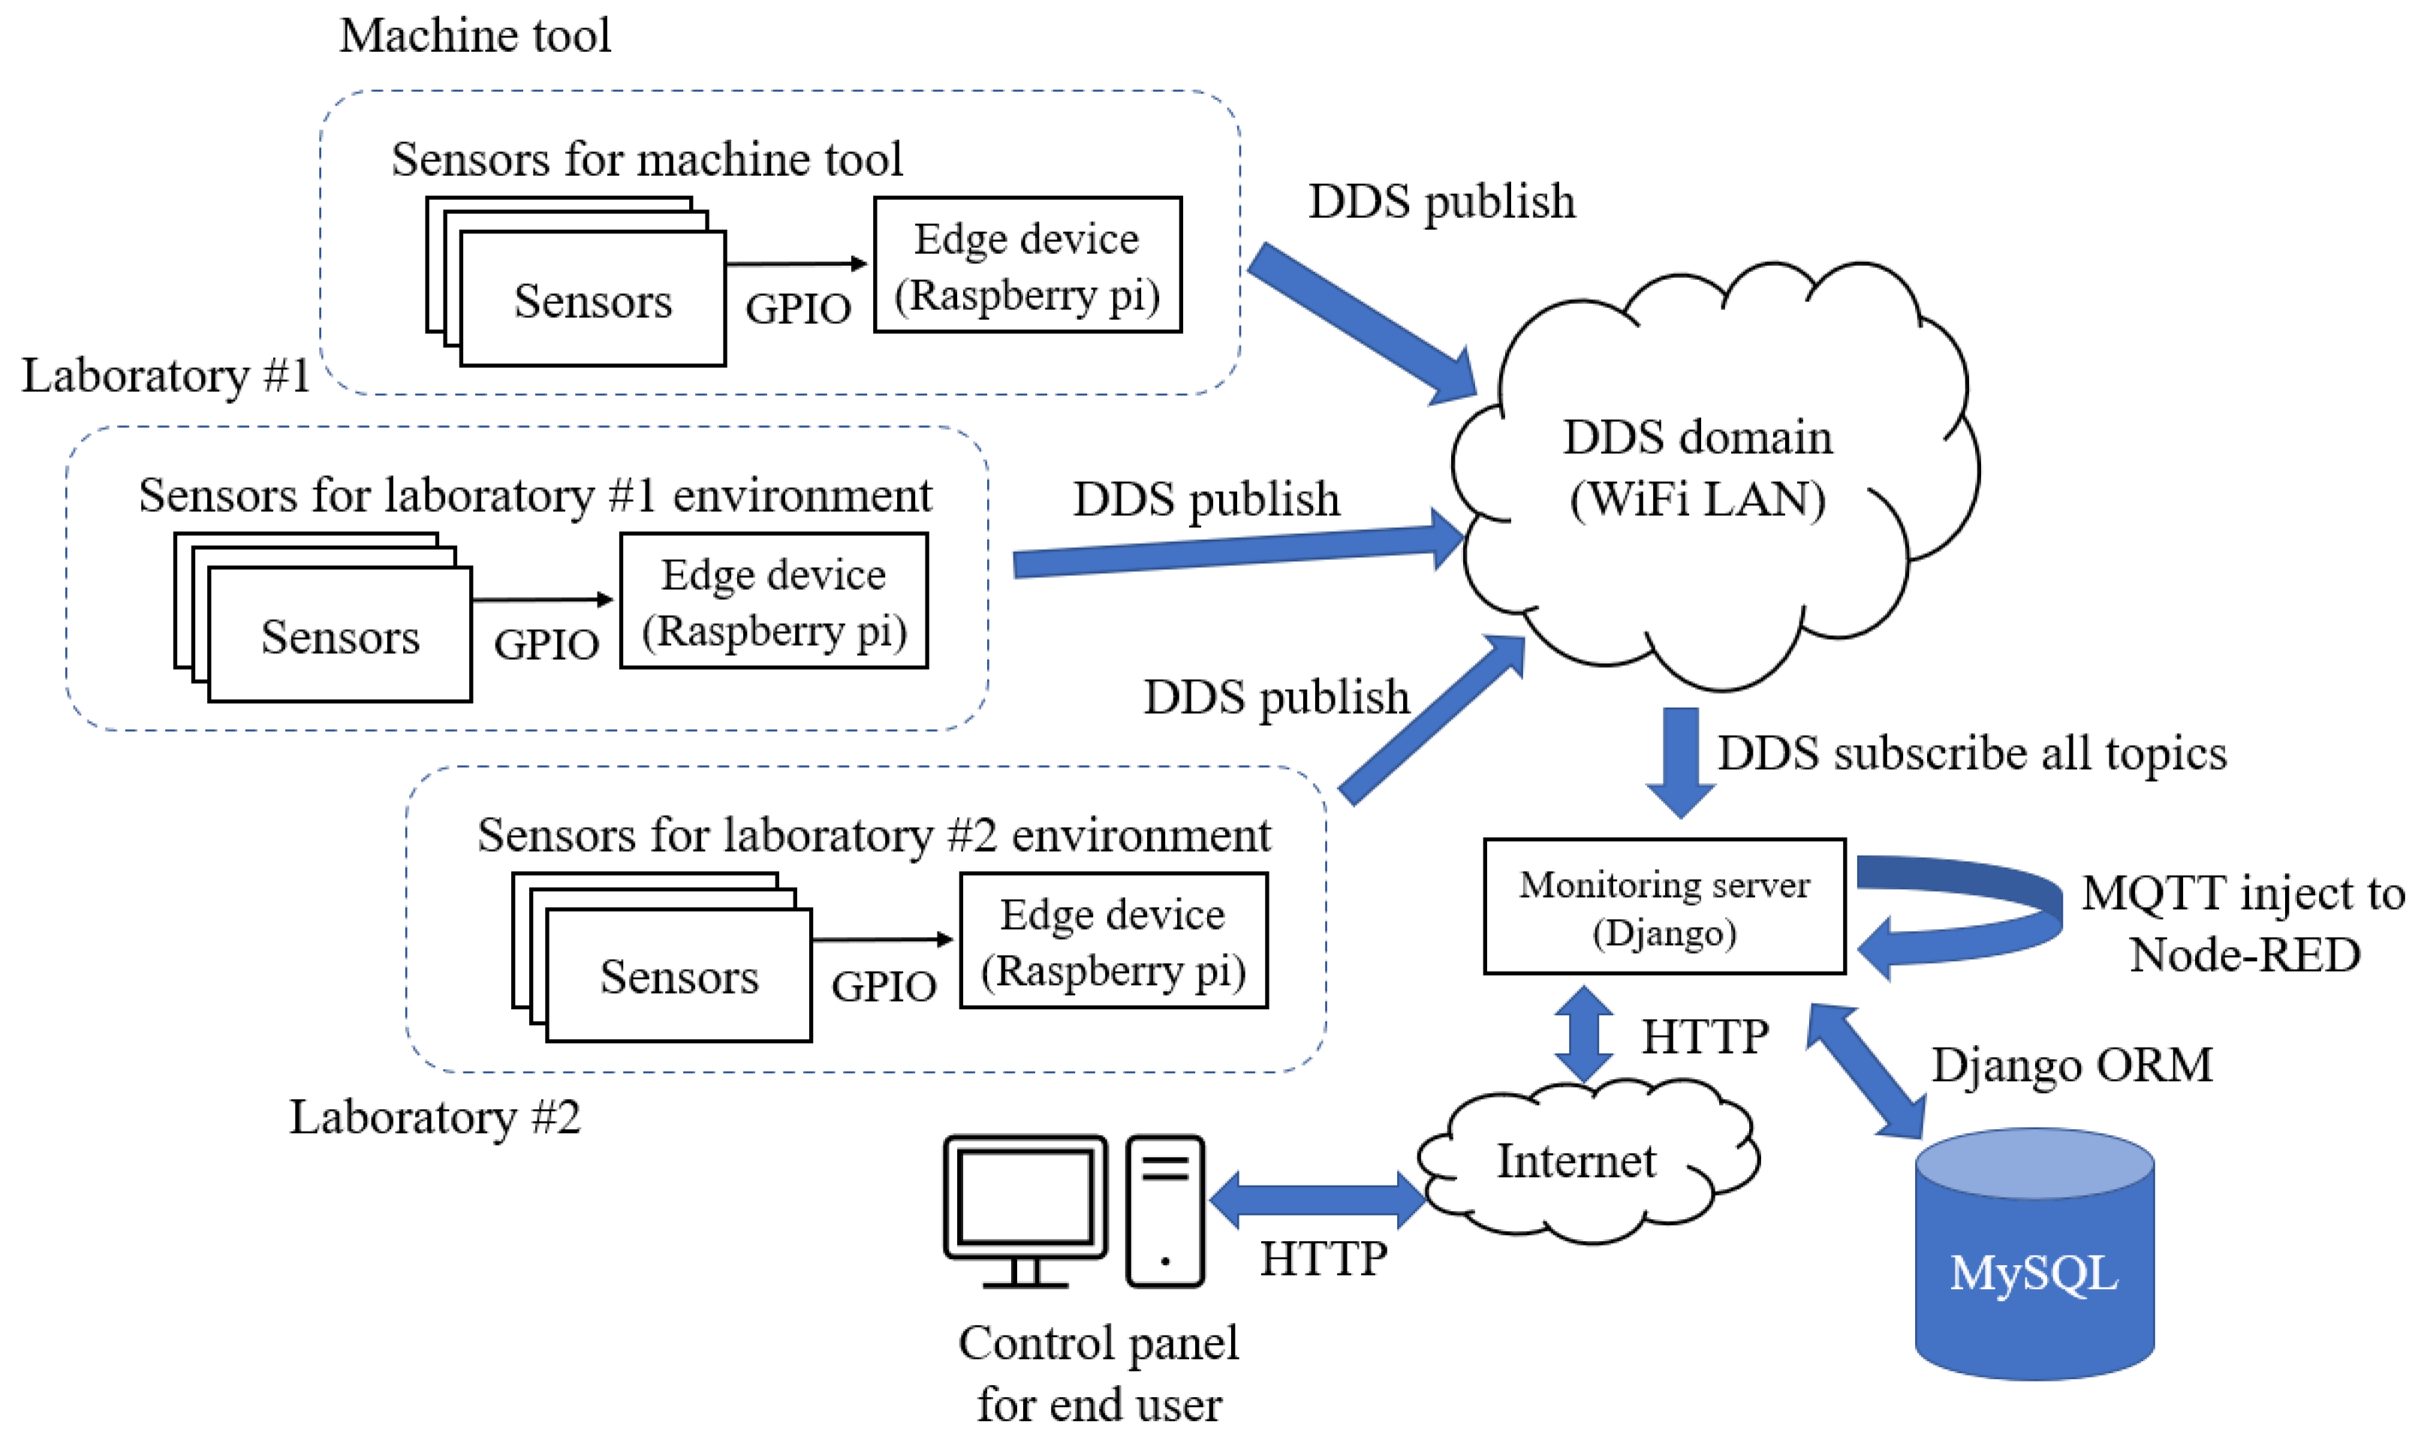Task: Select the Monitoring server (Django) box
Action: point(1664,906)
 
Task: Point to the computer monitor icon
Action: point(1025,1209)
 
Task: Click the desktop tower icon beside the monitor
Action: point(1164,1210)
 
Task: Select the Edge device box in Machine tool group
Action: point(1027,265)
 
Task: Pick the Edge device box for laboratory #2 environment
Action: point(1113,941)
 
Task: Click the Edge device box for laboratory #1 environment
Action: point(773,600)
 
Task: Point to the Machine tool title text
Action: point(474,36)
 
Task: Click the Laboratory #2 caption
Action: point(435,1117)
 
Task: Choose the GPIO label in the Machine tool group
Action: point(798,308)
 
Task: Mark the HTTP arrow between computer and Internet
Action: point(1317,1199)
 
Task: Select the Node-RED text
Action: point(2244,954)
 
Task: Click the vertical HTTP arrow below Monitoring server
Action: point(1584,1034)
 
